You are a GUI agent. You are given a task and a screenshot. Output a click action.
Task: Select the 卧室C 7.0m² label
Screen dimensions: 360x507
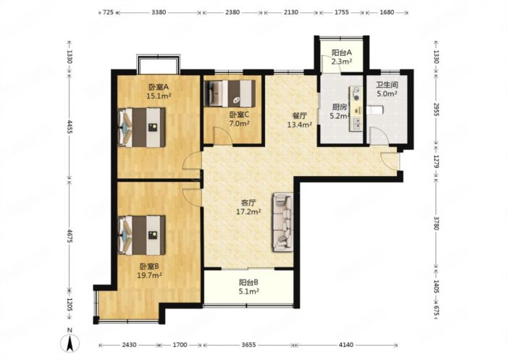[x=239, y=120]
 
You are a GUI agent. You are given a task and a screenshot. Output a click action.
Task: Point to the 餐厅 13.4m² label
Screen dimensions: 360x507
[x=298, y=120]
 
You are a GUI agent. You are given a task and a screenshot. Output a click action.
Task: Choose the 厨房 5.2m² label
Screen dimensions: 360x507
[x=339, y=111]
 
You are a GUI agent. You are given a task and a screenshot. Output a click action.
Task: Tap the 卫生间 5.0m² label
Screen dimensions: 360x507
[x=385, y=88]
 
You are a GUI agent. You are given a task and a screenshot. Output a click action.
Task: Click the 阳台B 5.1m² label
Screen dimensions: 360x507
[x=248, y=288]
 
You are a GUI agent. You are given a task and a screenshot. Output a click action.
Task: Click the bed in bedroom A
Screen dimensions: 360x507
[x=142, y=127]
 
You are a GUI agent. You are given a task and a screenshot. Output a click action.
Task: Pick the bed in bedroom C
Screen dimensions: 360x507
[x=232, y=93]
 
